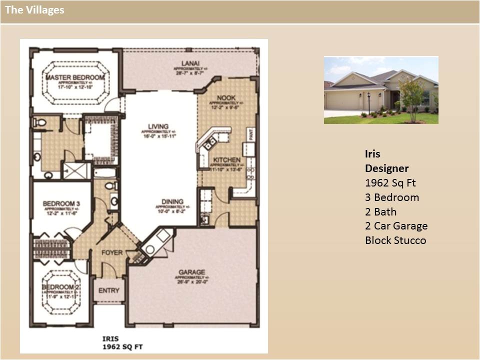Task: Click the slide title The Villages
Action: click(x=34, y=10)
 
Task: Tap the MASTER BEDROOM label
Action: click(x=75, y=77)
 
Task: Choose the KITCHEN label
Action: click(x=227, y=160)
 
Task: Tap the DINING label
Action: click(x=172, y=202)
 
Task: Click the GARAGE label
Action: click(x=191, y=272)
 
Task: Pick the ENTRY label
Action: click(x=108, y=290)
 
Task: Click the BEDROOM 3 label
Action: click(x=61, y=203)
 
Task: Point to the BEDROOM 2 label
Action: click(x=61, y=287)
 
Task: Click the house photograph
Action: click(x=381, y=90)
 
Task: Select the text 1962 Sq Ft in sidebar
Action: click(x=390, y=183)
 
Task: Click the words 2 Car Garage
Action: click(x=396, y=226)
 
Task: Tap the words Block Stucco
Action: click(x=395, y=240)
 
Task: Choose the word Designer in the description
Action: click(x=386, y=168)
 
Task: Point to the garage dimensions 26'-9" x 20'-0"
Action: click(x=192, y=281)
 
